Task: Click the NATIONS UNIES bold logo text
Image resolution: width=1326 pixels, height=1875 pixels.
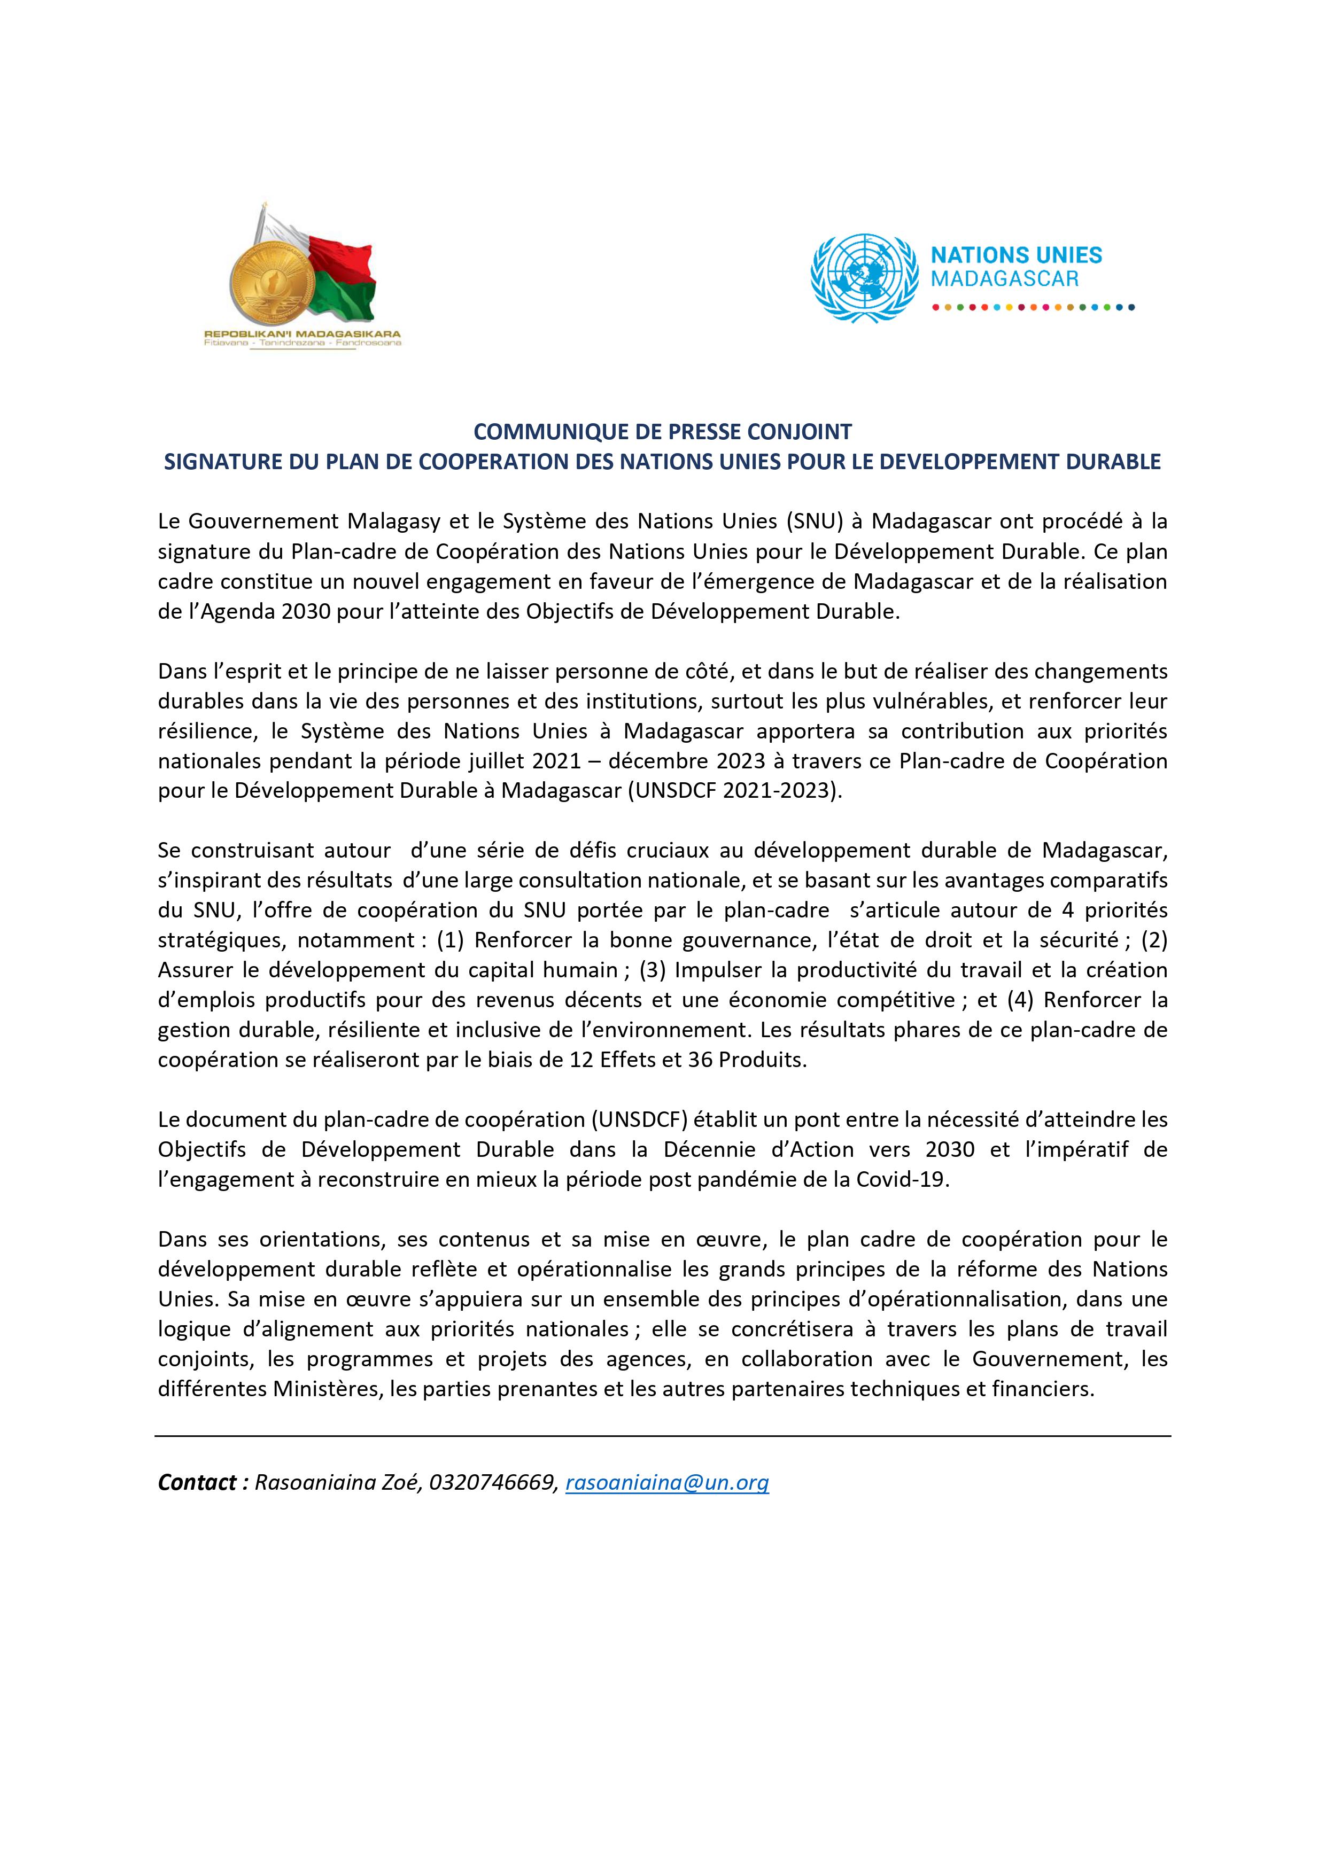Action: point(1017,255)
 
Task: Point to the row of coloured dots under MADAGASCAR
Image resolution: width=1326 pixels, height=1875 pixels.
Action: point(1034,308)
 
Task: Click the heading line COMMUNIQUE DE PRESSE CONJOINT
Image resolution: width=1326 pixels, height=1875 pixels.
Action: point(663,431)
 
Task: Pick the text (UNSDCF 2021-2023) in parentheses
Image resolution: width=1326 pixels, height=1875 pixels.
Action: point(734,790)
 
